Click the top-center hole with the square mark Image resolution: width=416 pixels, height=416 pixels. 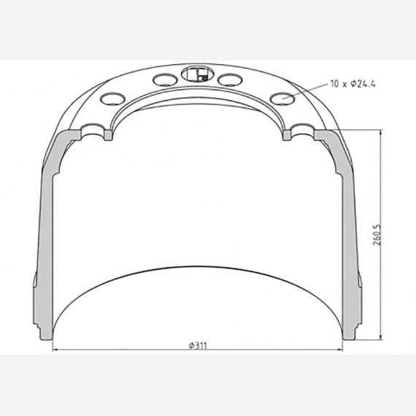point(195,73)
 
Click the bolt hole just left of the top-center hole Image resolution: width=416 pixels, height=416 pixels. point(162,79)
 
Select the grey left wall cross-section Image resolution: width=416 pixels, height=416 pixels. point(45,234)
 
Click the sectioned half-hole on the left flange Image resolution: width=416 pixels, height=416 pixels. point(96,132)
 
